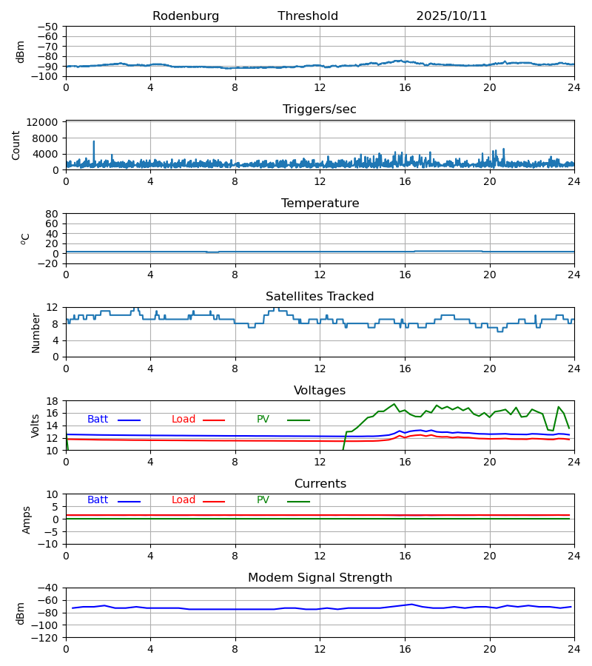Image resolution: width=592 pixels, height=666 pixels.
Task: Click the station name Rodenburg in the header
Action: coord(186,16)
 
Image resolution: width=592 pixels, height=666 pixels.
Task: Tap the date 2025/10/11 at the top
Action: coord(451,16)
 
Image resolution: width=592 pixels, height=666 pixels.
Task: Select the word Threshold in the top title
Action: coord(308,16)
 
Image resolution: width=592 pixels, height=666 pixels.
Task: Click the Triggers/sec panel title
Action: coord(320,110)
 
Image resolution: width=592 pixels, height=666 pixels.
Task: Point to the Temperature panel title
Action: coord(320,203)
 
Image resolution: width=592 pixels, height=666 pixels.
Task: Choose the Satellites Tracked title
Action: coord(320,297)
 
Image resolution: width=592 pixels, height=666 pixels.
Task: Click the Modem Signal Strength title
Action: coord(320,578)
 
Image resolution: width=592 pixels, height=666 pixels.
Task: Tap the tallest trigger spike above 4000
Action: coord(94,141)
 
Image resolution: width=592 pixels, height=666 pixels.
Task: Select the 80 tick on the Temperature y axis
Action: coord(53,214)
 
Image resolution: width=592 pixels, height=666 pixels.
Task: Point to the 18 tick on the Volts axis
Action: coord(53,401)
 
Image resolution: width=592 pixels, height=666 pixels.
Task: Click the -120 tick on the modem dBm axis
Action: coord(47,637)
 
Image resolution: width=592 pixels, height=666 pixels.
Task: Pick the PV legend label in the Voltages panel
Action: coord(263,420)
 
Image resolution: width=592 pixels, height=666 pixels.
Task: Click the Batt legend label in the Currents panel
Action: coord(98,500)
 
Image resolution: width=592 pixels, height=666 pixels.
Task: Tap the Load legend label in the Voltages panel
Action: coord(184,420)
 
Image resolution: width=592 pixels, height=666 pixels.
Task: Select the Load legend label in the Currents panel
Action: coord(184,500)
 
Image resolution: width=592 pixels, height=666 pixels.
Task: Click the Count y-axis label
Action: coord(16,145)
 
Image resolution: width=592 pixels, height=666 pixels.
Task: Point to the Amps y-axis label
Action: coord(27,519)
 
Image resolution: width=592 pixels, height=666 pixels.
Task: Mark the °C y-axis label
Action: coord(25,238)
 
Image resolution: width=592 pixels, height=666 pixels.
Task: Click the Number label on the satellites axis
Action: coord(36,332)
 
